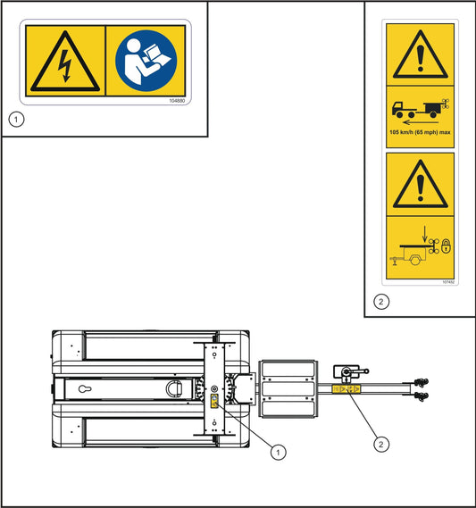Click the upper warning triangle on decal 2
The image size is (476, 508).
419,55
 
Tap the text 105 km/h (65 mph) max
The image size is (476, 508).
419,131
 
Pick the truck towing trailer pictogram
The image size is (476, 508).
417,109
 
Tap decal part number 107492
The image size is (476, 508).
447,281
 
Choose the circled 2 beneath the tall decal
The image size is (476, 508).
380,302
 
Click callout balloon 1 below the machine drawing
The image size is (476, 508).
279,453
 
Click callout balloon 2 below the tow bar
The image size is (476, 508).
381,440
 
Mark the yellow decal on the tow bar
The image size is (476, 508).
345,389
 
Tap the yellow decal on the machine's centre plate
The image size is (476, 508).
214,401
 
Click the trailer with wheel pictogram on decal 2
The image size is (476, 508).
413,256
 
